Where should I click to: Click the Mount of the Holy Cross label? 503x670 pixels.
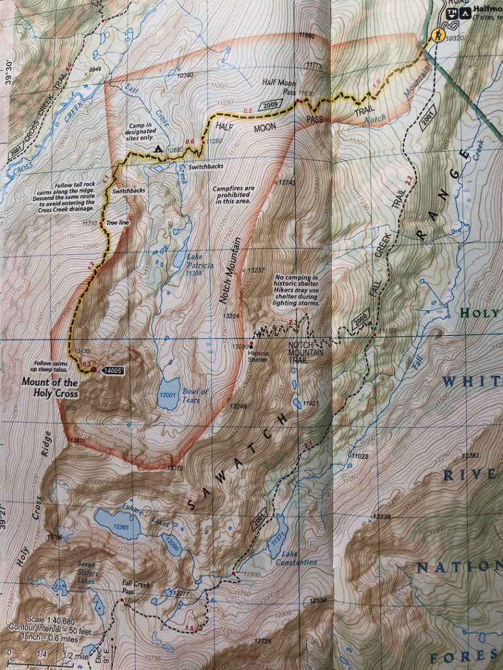tap(50, 388)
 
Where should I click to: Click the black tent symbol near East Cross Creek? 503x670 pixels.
tap(158, 150)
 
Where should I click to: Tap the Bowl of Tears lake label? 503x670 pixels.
tap(196, 396)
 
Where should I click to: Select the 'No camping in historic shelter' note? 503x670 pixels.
tap(297, 290)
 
